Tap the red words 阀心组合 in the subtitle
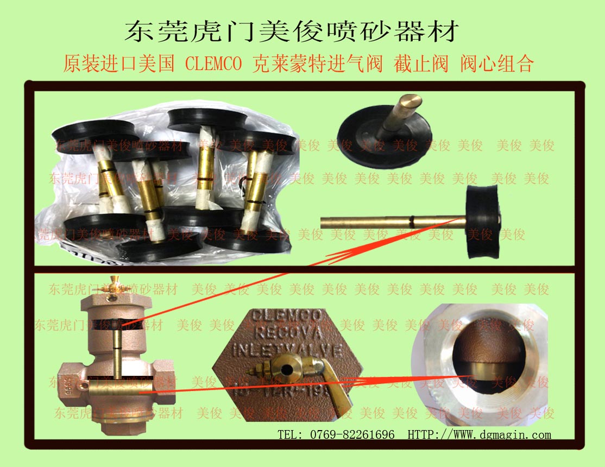pyautogui.click(x=497, y=64)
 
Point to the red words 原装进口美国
pyautogui.click(x=118, y=64)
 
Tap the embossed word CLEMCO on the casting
pyautogui.click(x=288, y=315)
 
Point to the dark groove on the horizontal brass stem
pyautogui.click(x=413, y=221)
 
